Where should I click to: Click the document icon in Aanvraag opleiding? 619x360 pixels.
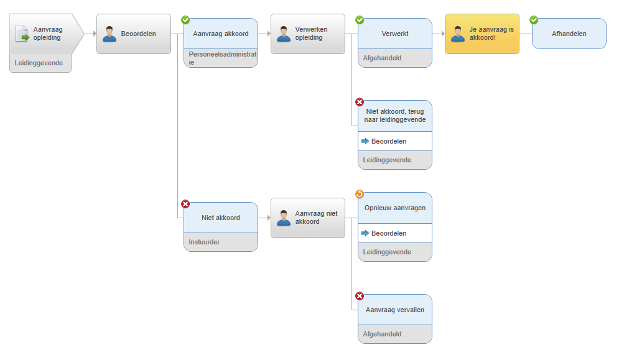pos(22,34)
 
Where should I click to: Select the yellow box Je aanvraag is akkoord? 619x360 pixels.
pos(482,34)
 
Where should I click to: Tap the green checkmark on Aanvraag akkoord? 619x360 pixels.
pos(185,20)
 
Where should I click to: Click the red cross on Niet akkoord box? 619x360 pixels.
pos(185,204)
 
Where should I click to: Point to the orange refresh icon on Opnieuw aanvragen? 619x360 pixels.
pos(359,194)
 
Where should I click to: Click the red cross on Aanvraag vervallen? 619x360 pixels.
pos(359,296)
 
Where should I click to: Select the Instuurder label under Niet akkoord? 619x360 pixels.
pos(204,242)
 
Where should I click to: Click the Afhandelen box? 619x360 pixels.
pos(569,34)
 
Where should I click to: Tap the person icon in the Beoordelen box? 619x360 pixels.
pos(109,34)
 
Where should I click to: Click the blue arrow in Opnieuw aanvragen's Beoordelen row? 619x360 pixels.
pos(365,233)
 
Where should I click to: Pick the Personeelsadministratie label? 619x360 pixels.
pos(222,58)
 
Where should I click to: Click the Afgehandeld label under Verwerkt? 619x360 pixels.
pos(382,58)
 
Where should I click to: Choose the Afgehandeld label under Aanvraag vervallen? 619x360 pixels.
pos(382,334)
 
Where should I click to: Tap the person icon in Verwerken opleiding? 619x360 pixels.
pos(284,34)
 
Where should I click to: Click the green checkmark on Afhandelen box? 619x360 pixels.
pos(534,20)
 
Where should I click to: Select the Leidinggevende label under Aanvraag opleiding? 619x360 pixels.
pos(39,63)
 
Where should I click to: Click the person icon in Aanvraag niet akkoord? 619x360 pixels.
pos(284,218)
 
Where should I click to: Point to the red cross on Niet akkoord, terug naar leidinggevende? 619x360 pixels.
pos(359,102)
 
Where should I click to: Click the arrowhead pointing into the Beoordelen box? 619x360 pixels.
pos(95,34)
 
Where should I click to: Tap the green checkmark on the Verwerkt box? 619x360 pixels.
pos(359,20)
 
